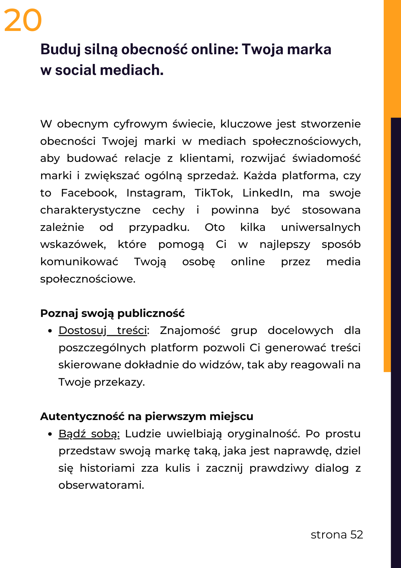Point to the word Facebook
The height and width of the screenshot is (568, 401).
89,193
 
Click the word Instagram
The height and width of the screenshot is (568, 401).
156,193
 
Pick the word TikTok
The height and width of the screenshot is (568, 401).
214,193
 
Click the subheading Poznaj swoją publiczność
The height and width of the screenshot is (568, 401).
113,313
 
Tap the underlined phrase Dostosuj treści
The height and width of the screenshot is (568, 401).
103,331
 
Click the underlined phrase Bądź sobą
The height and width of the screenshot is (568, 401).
89,434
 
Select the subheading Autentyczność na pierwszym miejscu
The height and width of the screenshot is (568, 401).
147,416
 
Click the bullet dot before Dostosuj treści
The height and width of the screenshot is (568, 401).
50,331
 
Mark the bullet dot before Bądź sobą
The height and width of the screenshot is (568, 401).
50,434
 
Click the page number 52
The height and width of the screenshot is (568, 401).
357,535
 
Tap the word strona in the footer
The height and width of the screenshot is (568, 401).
329,535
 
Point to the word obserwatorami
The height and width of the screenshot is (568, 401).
101,485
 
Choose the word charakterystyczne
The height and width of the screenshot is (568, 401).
90,210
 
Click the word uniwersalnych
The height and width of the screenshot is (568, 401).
320,227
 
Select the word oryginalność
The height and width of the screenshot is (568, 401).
264,434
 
